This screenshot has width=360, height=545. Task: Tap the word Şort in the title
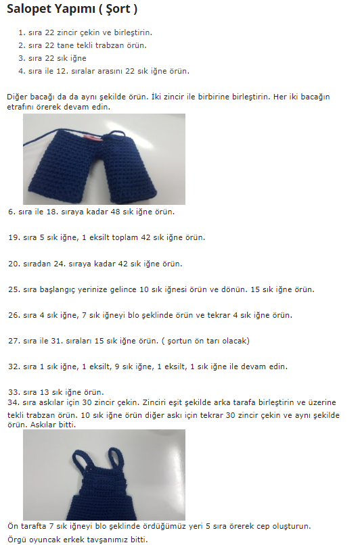coord(118,9)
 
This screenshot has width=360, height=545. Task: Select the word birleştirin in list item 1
coord(133,32)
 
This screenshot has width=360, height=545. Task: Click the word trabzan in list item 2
coord(110,45)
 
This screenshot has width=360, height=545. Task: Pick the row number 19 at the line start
coord(14,238)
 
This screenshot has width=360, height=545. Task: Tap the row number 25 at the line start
coord(14,289)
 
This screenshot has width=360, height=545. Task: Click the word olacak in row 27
coord(235,341)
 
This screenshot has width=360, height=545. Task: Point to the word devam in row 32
coord(254,366)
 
